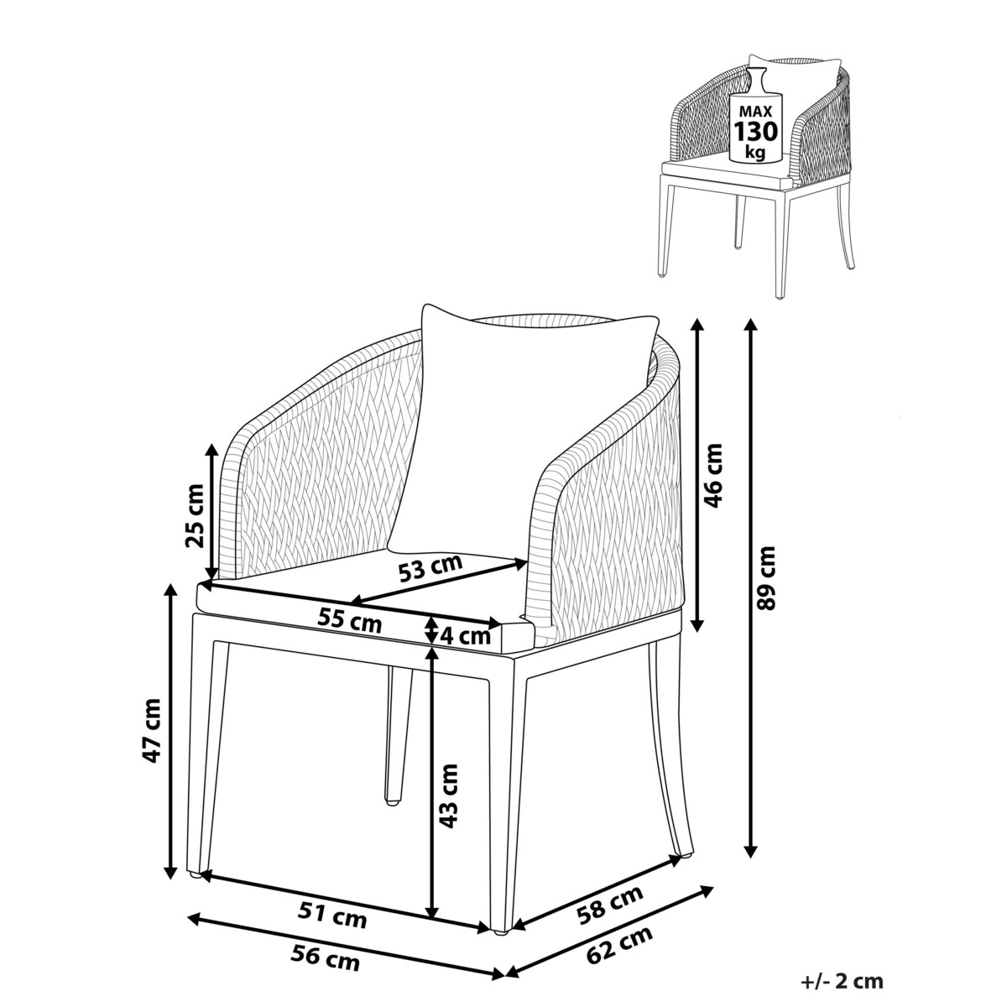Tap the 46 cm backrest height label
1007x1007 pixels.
pos(712,476)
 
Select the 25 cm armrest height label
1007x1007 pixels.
pos(195,515)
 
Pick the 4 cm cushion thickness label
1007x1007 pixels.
pos(465,636)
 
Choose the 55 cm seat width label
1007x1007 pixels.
pos(350,621)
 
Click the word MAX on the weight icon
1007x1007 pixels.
pos(755,112)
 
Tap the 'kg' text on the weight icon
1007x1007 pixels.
pos(755,153)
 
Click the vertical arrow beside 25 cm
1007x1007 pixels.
pos(211,512)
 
